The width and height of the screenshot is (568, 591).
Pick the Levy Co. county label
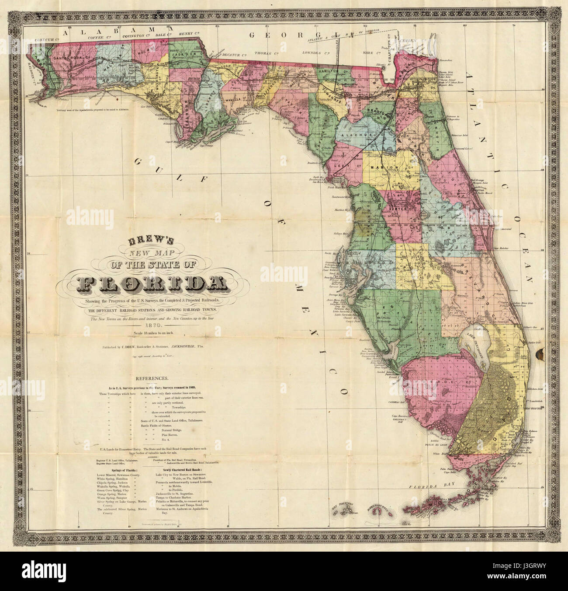tap(345, 167)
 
